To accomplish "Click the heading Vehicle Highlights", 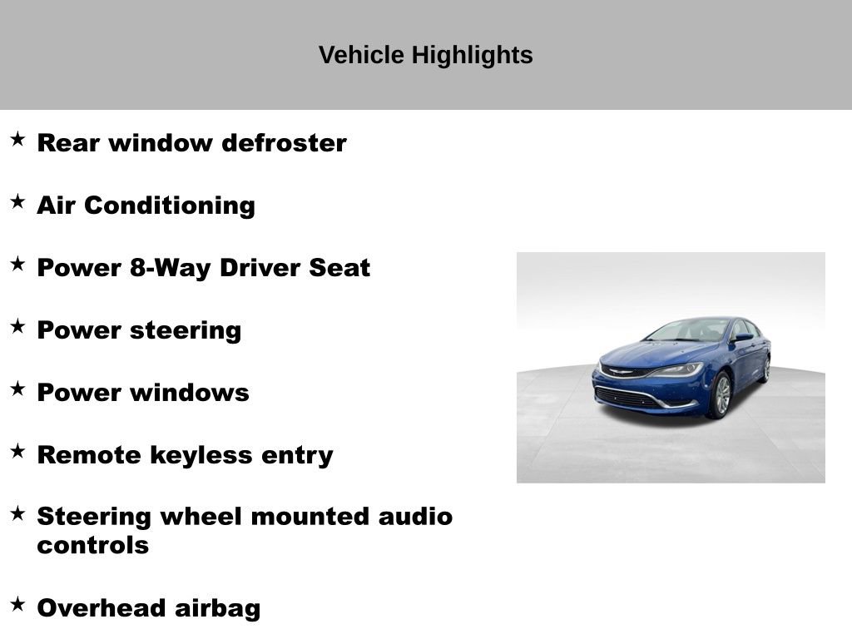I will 425,55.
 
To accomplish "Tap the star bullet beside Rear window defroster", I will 17,139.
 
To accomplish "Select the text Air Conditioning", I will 146,206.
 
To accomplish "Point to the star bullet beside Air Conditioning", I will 17,201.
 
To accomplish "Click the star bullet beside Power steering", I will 17,326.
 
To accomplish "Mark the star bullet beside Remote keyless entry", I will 17,451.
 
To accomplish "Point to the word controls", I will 92,546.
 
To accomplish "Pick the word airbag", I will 217,608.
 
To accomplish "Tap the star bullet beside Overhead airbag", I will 17,604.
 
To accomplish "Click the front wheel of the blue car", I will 721,395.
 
